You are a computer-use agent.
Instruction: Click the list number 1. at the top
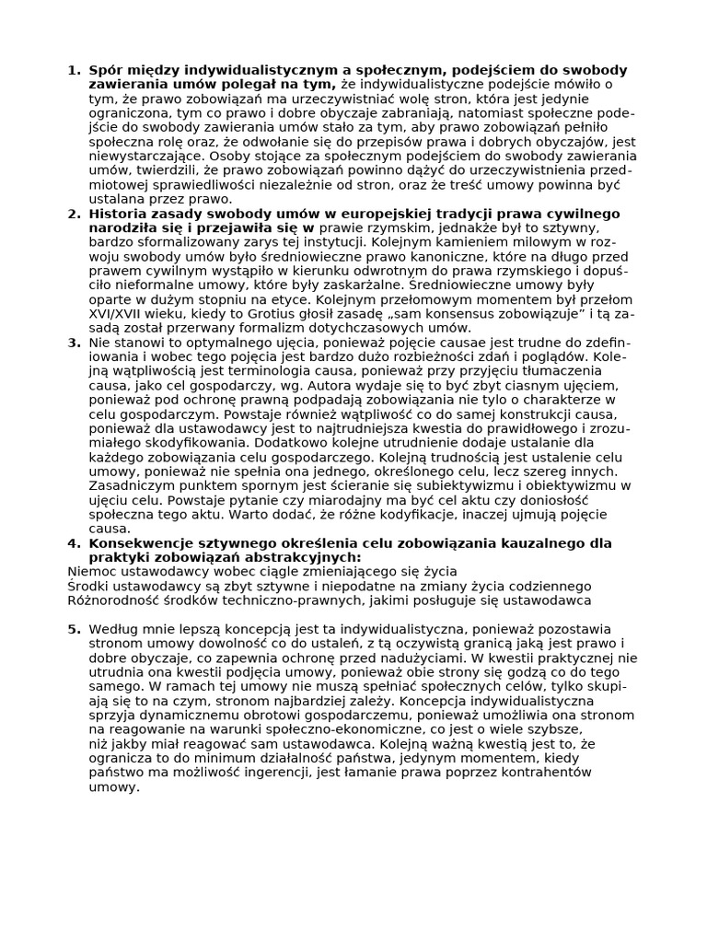point(74,70)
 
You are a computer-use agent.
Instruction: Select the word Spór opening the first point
point(105,70)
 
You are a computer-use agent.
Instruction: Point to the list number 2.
point(74,214)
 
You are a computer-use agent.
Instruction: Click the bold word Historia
point(120,214)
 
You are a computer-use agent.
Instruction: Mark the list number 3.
point(74,343)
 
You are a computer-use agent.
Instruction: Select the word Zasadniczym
point(130,485)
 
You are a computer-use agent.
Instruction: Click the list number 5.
point(74,629)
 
